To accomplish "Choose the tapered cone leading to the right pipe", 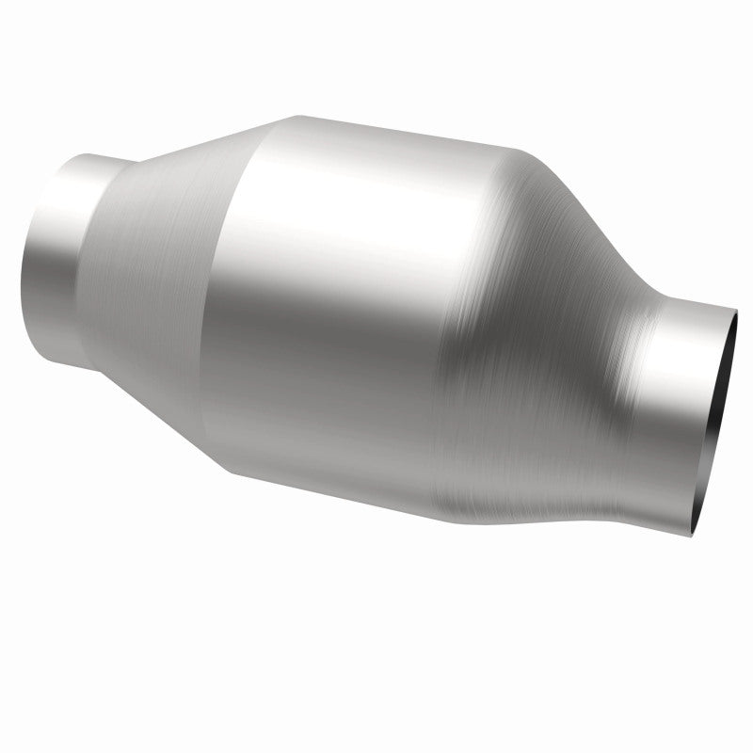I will (555, 376).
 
